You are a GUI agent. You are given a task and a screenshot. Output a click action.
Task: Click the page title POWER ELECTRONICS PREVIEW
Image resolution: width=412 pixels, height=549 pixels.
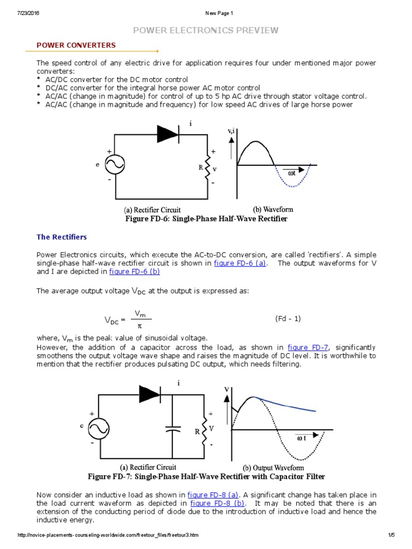[x=206, y=30]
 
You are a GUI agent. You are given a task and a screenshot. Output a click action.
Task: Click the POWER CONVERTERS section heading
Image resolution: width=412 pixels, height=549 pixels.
[x=76, y=45]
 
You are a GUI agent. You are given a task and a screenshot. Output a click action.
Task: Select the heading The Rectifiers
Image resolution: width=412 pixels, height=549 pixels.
[x=61, y=236]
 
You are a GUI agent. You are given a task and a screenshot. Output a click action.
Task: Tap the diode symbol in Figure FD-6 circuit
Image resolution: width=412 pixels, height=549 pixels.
[x=167, y=135]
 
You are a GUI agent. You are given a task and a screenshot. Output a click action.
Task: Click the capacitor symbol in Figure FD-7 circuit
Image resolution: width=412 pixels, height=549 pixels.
[x=172, y=429]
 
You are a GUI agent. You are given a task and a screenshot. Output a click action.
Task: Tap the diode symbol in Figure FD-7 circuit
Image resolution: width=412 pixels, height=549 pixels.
[x=150, y=394]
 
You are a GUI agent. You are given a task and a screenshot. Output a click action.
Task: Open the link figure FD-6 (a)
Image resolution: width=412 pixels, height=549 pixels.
[x=240, y=263]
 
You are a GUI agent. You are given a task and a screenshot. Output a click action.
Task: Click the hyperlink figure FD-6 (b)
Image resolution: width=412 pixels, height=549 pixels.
[x=134, y=272]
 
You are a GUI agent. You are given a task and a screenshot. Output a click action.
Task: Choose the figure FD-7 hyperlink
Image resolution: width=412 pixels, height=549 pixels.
[x=308, y=347]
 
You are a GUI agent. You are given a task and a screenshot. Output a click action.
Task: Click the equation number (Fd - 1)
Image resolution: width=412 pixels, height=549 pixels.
[x=288, y=318]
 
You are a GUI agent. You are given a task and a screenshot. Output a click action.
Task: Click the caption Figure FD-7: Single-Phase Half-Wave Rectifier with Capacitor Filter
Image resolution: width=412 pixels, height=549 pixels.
[x=206, y=477]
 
